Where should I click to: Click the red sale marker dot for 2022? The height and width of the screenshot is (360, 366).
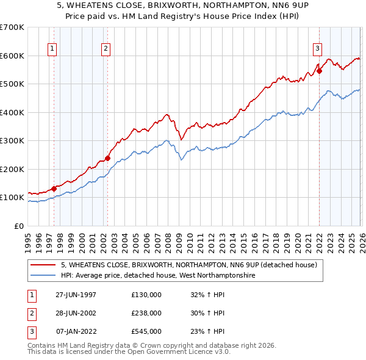pos(319,71)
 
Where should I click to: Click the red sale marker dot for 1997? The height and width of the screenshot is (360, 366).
pos(54,189)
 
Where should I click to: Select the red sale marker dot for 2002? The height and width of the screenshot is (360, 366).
pos(108,158)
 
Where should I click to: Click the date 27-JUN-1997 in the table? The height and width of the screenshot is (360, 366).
pos(76,295)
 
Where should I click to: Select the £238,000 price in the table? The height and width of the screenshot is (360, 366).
pos(146,313)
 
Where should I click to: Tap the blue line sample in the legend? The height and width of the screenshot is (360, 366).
pos(43,276)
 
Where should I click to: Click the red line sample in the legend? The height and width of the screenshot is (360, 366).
pos(43,265)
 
